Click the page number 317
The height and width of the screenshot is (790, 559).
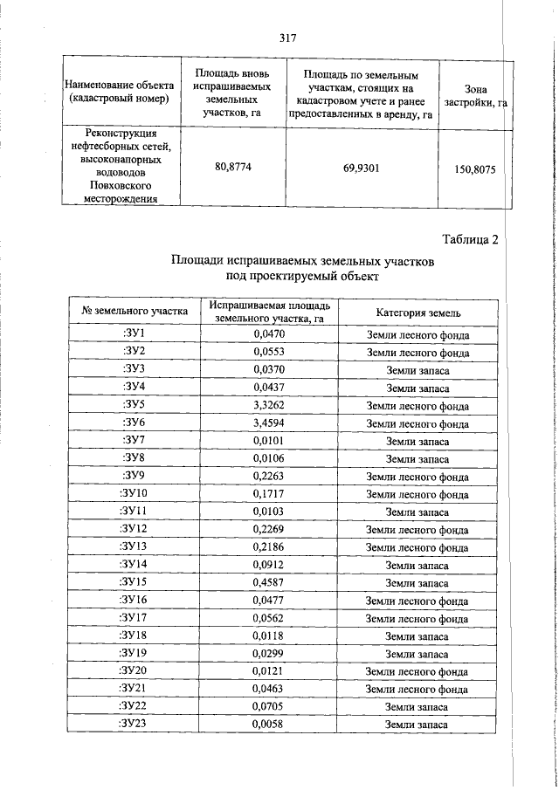tap(289, 38)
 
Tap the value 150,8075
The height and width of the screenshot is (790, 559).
tap(474, 169)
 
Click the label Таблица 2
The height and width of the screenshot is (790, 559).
tap(470, 241)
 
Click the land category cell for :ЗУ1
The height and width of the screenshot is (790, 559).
tap(418, 334)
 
